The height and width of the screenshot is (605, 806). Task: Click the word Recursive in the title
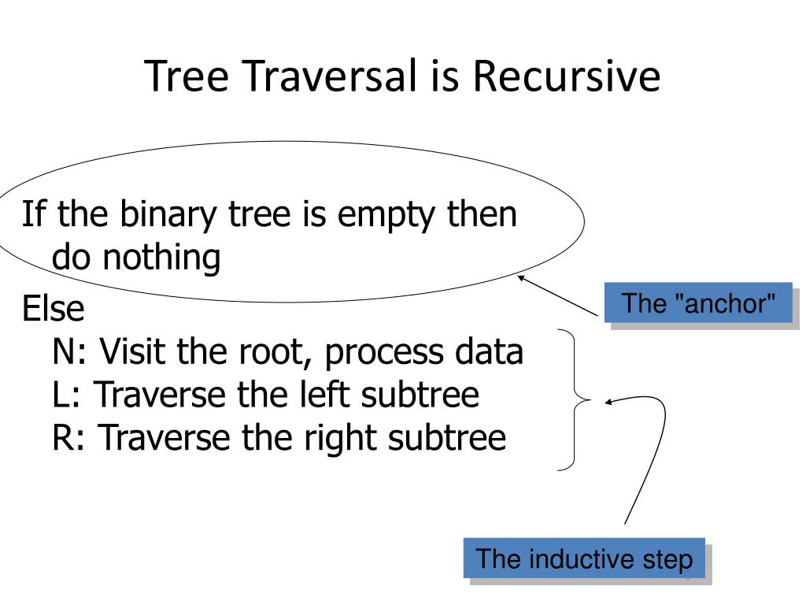567,77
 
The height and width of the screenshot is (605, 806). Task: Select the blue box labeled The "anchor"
698,303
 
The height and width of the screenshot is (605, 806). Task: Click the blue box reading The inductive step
584,560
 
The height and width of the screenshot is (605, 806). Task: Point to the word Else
53,309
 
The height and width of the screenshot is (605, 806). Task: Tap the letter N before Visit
66,352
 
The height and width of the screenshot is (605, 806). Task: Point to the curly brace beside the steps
578,400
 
